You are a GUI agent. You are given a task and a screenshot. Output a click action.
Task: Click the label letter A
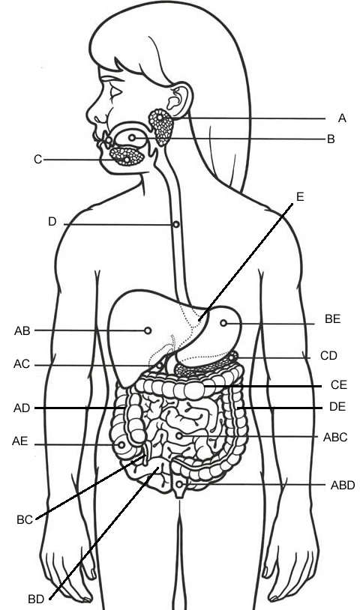342,118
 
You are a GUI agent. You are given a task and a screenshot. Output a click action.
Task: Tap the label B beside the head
331,139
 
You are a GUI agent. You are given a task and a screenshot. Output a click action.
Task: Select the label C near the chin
37,160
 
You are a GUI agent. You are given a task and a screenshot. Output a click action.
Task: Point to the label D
52,222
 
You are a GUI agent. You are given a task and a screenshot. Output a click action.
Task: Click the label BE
333,319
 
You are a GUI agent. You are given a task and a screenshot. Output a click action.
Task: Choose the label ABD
343,485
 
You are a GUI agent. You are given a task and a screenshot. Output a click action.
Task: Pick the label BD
36,599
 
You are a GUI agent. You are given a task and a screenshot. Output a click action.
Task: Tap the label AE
19,441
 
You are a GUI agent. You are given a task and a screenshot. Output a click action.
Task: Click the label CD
328,355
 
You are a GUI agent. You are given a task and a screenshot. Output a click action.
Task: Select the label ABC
335,438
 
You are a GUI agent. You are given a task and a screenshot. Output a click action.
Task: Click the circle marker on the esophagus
176,225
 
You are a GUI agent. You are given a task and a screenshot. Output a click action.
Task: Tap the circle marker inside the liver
148,330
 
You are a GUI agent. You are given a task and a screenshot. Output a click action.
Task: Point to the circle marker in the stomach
223,323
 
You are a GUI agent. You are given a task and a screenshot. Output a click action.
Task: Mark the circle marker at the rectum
179,484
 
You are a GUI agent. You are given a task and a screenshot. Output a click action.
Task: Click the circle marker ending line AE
121,444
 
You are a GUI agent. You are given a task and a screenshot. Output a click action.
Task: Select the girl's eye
116,93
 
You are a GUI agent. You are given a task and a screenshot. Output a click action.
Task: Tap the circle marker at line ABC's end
179,435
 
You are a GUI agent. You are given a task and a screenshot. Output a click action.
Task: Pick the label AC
22,364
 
